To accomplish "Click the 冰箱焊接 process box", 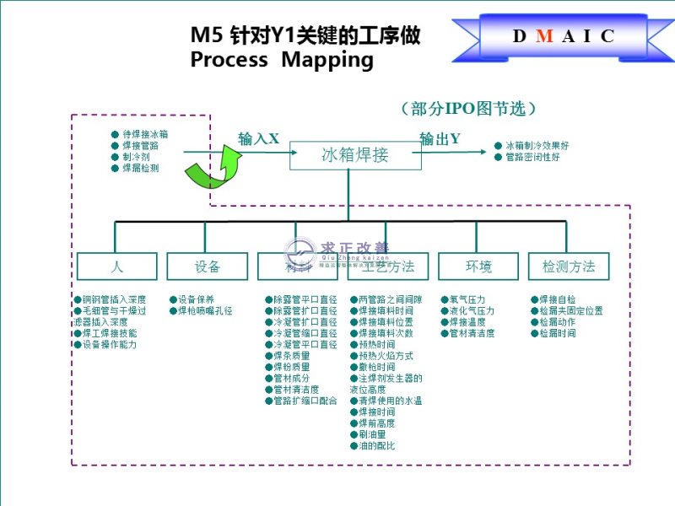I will (x=355, y=155).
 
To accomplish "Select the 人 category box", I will (x=116, y=266).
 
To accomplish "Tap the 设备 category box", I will (x=207, y=266).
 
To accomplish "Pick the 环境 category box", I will (x=478, y=266).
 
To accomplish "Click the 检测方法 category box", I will (x=569, y=266).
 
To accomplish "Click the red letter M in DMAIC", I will (x=544, y=36).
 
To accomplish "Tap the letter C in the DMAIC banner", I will (x=607, y=36).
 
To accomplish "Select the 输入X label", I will (x=258, y=139).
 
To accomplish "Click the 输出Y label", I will (x=440, y=139).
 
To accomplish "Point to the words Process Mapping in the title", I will (x=281, y=60).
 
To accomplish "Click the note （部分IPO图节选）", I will (x=469, y=109).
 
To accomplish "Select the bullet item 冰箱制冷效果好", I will (x=536, y=146).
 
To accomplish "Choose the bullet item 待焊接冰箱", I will (x=144, y=134).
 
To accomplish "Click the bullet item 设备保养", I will (x=196, y=299).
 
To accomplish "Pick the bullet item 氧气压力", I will (x=467, y=299).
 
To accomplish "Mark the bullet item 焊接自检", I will (x=557, y=299).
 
